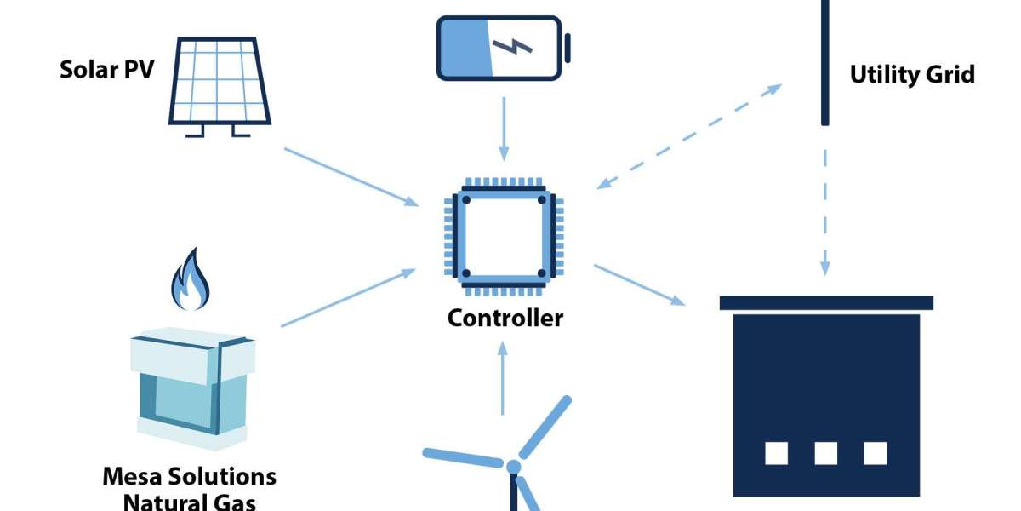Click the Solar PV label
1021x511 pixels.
[106, 70]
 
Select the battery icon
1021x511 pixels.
[502, 48]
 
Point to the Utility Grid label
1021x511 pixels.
[912, 75]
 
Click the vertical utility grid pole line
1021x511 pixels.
[824, 63]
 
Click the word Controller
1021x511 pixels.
[505, 319]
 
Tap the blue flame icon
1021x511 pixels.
[191, 279]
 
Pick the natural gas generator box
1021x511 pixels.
[192, 388]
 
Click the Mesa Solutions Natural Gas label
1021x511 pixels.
[189, 487]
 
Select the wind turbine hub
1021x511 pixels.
[513, 467]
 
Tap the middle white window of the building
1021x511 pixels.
[825, 453]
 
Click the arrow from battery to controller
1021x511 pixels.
[504, 128]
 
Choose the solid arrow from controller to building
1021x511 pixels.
[639, 284]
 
